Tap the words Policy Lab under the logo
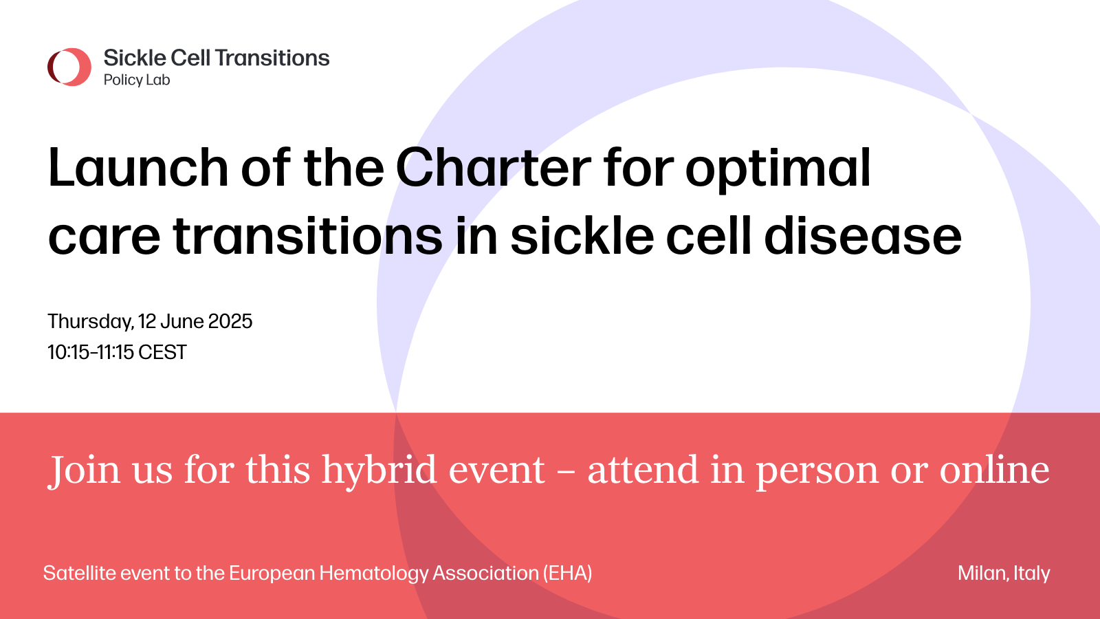tap(137, 80)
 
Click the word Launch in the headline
tap(138, 168)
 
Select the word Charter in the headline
tap(493, 168)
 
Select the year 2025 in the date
tap(230, 322)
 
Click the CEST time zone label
tap(162, 352)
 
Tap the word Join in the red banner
tap(83, 470)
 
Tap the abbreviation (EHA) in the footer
tap(567, 574)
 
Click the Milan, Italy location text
tap(1004, 574)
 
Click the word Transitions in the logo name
tap(272, 58)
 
